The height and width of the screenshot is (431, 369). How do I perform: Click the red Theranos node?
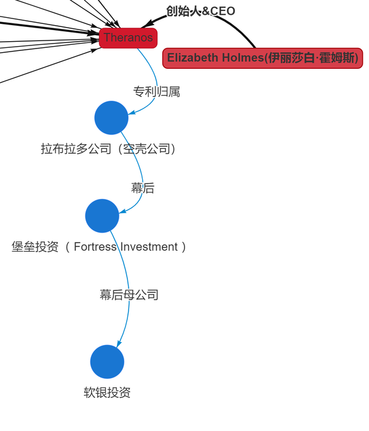tap(128, 37)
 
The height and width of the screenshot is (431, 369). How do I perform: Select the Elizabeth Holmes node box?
tap(263, 58)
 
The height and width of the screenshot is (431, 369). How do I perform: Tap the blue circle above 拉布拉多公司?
tap(111, 117)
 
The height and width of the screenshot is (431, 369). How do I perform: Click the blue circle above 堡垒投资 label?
tap(102, 215)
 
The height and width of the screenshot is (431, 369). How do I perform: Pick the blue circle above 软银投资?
tap(107, 362)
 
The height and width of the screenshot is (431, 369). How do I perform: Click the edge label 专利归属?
tap(156, 91)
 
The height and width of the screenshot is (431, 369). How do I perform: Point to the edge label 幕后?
tap(143, 188)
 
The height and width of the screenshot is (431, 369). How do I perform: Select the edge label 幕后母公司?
tap(129, 295)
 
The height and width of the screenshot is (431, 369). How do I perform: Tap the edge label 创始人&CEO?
tap(200, 11)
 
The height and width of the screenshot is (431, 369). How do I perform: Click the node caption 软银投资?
tap(107, 393)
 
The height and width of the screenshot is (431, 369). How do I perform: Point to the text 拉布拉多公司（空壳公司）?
tap(109, 149)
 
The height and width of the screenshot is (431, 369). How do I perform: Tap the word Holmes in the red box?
tap(240, 58)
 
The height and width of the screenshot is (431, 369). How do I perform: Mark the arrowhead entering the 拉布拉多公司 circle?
tap(132, 112)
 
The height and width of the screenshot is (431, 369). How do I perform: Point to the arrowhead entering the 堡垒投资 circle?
tap(122, 212)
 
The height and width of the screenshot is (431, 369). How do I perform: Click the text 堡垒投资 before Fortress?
tap(35, 247)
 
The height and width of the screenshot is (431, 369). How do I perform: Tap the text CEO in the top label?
tap(223, 11)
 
